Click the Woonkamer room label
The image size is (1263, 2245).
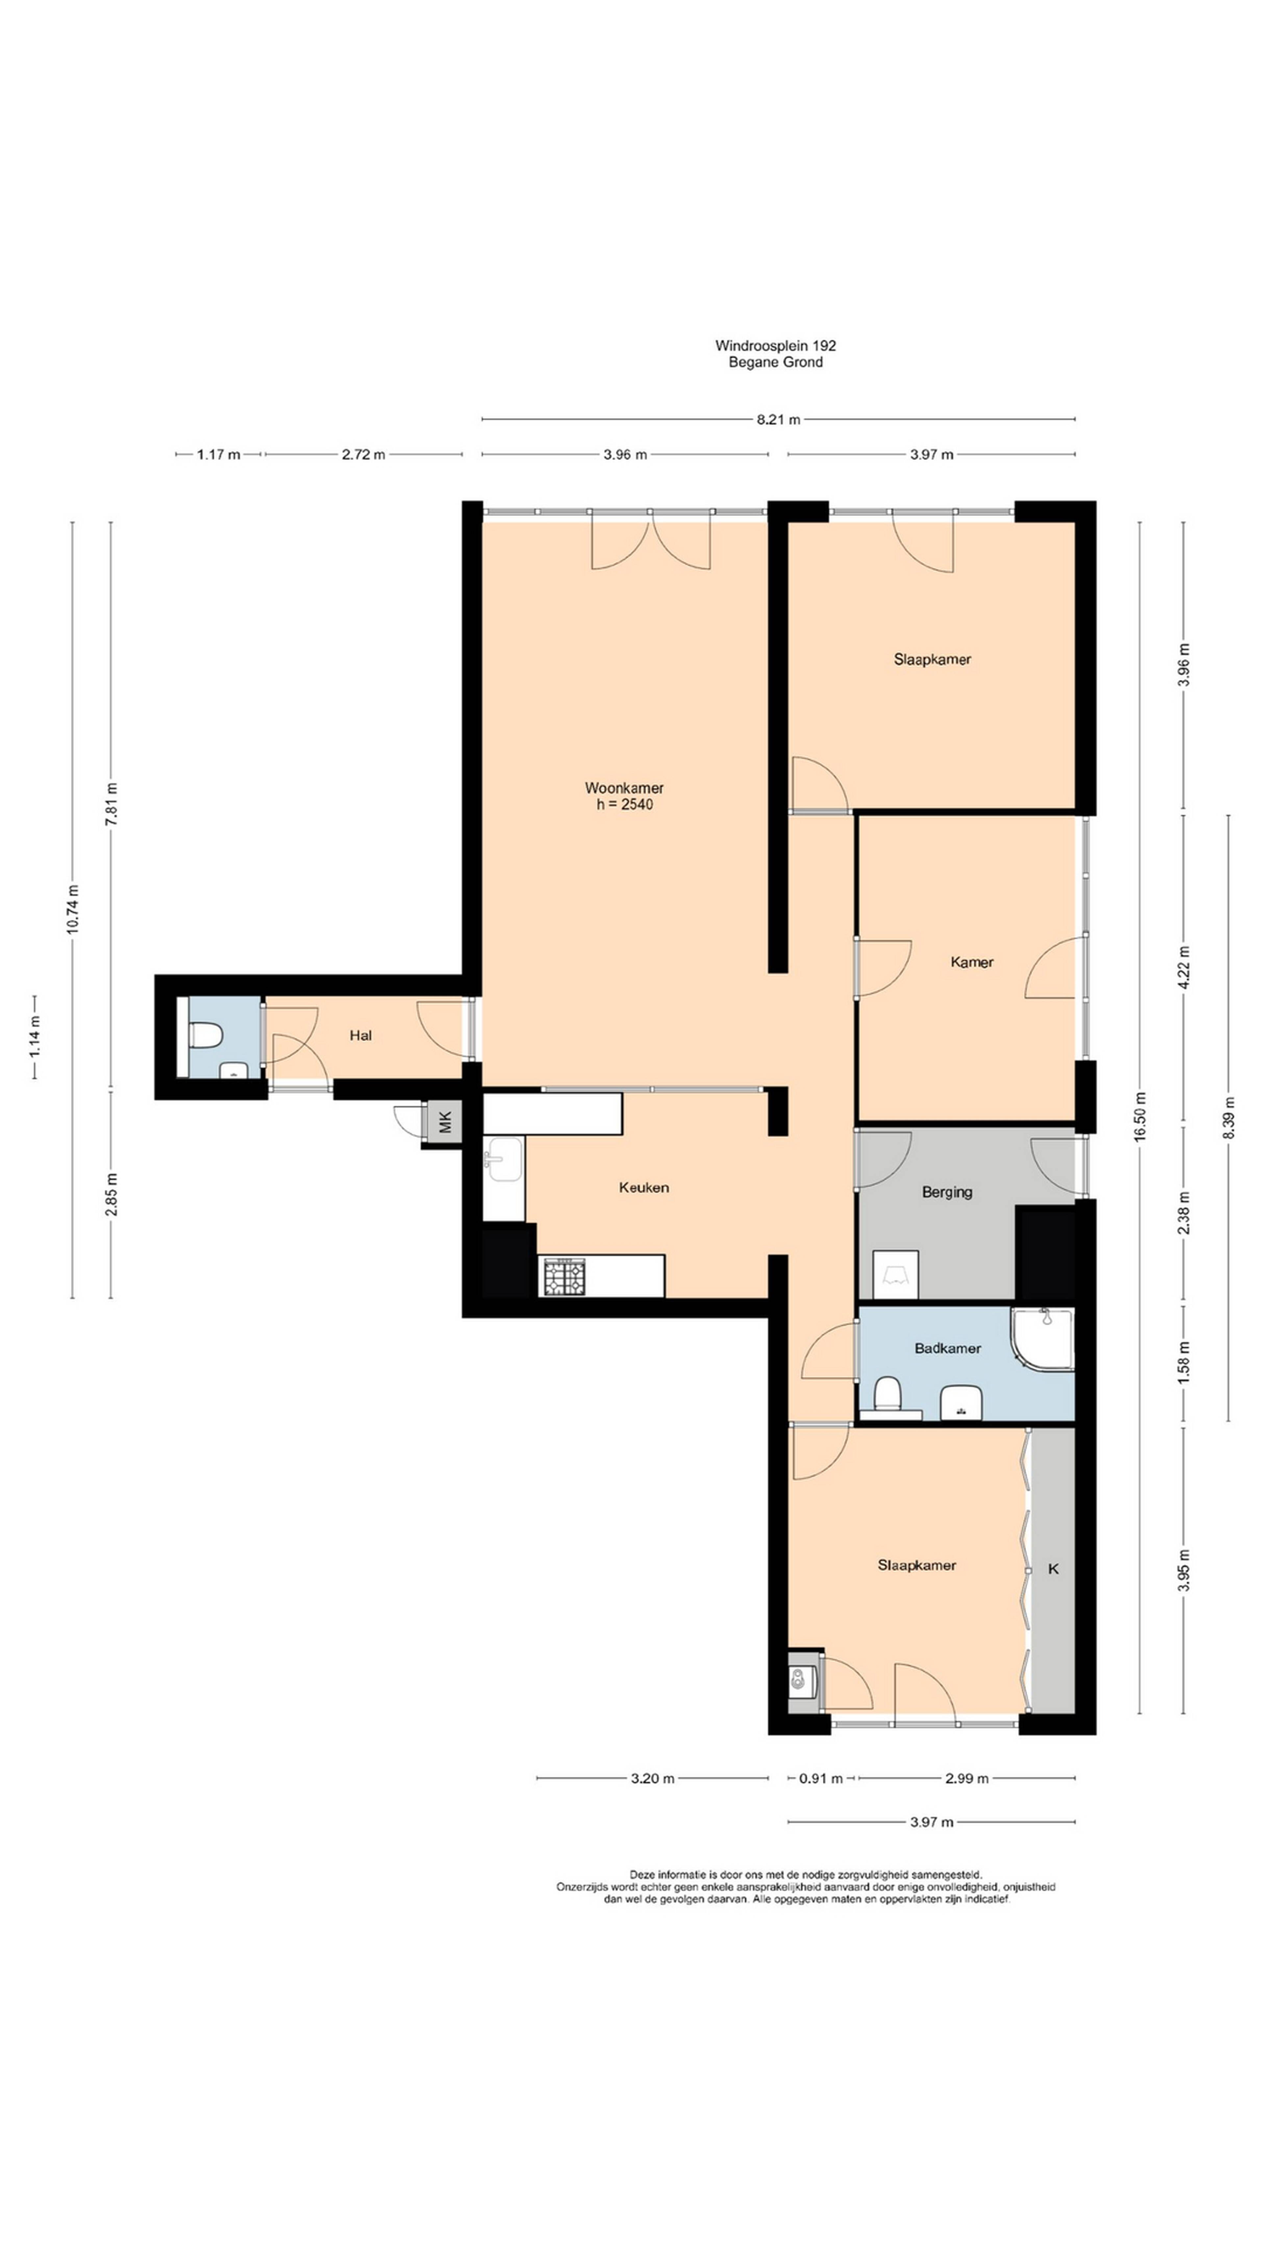click(x=624, y=788)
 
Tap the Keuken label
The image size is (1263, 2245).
click(x=644, y=1187)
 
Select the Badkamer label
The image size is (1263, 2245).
click(x=948, y=1348)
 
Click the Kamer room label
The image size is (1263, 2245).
click(x=972, y=962)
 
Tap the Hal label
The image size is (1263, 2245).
click(x=361, y=1035)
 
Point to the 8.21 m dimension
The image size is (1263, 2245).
click(x=779, y=419)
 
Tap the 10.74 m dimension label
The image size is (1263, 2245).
click(x=72, y=910)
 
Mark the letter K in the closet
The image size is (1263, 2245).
click(x=1053, y=1569)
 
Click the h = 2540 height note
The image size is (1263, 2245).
click(x=624, y=804)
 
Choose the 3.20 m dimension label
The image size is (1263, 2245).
click(x=653, y=1778)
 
